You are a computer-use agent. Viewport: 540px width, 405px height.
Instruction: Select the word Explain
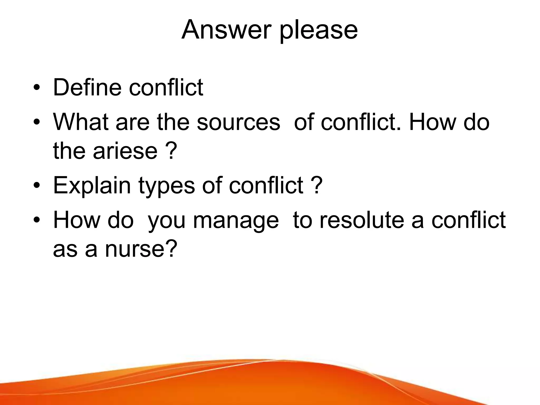click(92, 185)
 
